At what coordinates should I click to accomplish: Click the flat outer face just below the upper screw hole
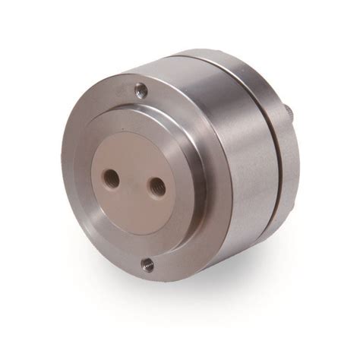[141, 105]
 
